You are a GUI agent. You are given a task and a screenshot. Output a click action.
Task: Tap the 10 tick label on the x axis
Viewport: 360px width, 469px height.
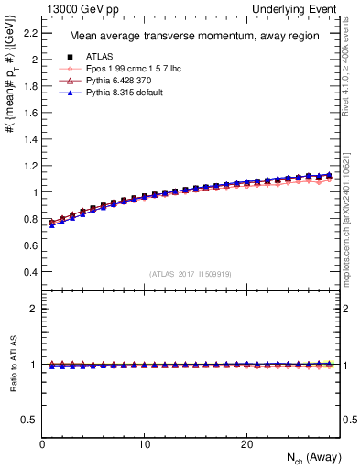click(145, 444)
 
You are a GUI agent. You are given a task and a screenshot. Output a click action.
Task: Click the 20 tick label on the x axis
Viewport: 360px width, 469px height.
click(245, 444)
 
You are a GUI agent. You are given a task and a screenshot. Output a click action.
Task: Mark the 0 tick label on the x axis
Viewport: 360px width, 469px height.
click(43, 444)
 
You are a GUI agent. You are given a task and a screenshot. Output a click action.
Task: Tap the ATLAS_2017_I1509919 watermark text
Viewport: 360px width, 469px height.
click(190, 273)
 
